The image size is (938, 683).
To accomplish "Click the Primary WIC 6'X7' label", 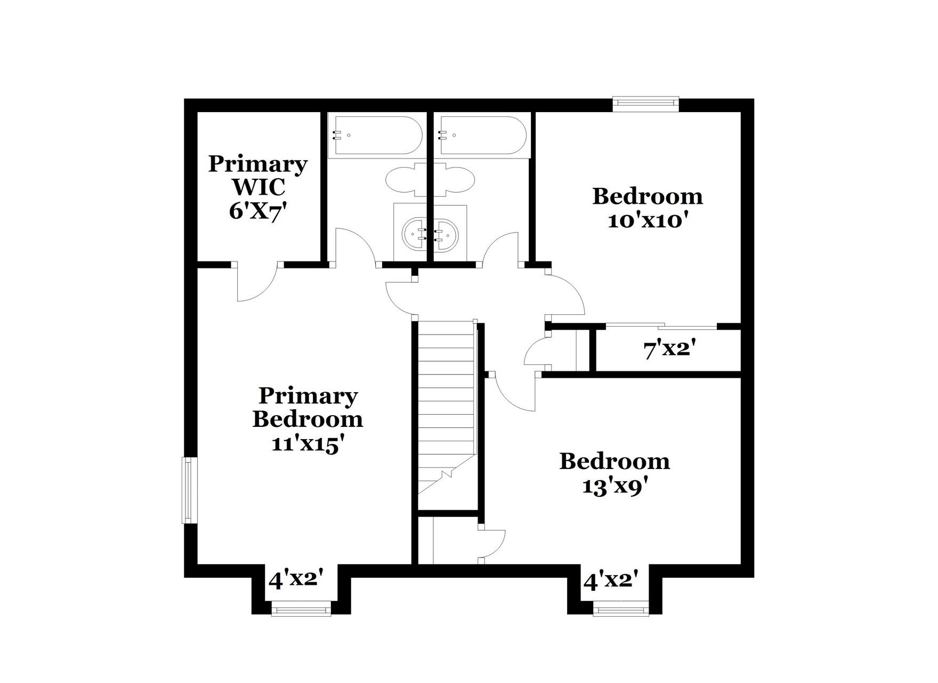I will (x=258, y=187).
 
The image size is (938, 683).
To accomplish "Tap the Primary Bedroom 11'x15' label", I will (x=308, y=419).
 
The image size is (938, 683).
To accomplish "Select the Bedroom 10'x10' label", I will (x=647, y=208).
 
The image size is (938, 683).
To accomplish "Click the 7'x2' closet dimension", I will (x=670, y=350).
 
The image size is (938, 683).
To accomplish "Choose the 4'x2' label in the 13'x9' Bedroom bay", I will (x=611, y=580).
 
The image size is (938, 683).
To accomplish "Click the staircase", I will (x=446, y=406).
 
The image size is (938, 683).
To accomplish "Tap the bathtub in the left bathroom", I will (x=375, y=136).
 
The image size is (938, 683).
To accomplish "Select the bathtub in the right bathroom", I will (x=482, y=136).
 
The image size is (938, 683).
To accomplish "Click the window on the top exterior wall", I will (x=645, y=104).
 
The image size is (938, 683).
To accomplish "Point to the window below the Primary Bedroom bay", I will (x=301, y=609).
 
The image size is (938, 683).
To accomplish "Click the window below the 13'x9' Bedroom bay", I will (x=621, y=609).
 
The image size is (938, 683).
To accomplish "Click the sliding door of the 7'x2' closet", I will (x=661, y=326).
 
